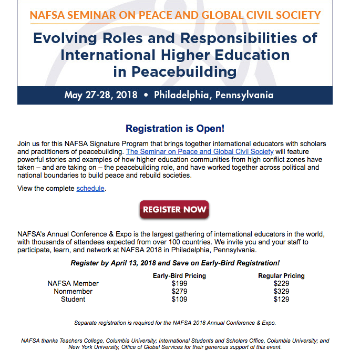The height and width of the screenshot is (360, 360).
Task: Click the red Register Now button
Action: pos(174,210)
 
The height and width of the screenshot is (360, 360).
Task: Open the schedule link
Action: pos(90,188)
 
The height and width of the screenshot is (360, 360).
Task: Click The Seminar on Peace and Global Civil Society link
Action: pos(200,152)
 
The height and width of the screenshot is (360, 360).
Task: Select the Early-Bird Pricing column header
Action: pos(179,276)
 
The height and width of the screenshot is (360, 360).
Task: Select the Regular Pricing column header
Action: pos(281,276)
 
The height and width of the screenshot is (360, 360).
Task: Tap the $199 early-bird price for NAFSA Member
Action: pos(179,284)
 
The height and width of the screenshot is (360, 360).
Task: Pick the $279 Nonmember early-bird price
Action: pos(179,292)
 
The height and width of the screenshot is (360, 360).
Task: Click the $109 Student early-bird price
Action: pos(179,300)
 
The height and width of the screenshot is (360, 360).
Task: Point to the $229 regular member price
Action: pos(281,284)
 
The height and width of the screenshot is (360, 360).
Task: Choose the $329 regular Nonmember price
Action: pos(281,292)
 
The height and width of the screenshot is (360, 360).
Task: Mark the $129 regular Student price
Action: pos(281,300)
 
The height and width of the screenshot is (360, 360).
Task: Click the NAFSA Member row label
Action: pos(73,284)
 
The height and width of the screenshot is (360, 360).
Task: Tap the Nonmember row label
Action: pos(73,292)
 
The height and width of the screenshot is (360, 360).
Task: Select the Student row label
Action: pos(73,300)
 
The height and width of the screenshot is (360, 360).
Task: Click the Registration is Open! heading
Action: pos(175,129)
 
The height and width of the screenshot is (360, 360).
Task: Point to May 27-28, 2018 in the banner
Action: pos(101,95)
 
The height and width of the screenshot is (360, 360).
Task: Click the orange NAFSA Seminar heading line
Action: pos(175,15)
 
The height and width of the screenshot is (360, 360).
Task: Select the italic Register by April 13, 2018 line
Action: pos(175,263)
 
